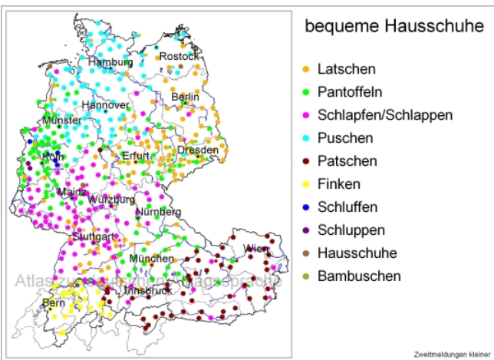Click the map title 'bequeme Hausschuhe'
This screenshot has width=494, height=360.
[x=394, y=26]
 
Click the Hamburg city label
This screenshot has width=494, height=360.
[x=110, y=61]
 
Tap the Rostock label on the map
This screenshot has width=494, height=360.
[x=179, y=56]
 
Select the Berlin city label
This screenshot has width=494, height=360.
[x=185, y=97]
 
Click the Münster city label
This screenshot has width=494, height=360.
[x=61, y=121]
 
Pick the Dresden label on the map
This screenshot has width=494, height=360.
[x=198, y=150]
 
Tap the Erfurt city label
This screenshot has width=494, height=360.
[x=137, y=157]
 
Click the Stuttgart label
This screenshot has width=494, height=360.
[x=94, y=236]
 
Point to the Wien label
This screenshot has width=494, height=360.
[x=256, y=248]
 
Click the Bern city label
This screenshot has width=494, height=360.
[x=54, y=303]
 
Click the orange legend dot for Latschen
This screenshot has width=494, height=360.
[x=306, y=70]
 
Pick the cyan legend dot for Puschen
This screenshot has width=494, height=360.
[x=306, y=139]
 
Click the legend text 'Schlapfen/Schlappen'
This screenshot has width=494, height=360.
[x=384, y=115]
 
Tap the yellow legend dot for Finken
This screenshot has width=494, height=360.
[x=306, y=185]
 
